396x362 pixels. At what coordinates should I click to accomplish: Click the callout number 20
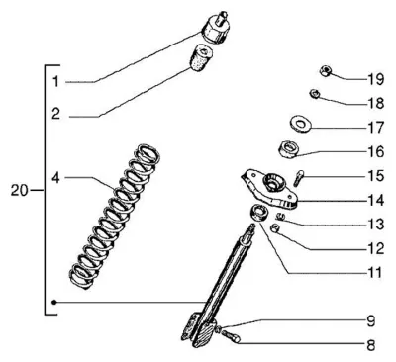[19, 190]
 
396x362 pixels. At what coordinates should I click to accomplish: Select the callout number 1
[56, 81]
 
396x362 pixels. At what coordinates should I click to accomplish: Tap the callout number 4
[56, 178]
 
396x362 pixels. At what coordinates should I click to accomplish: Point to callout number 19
[376, 79]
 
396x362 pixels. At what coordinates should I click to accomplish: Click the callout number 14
[376, 200]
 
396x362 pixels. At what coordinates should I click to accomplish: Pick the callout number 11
[375, 273]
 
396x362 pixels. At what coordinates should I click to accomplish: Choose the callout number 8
[371, 345]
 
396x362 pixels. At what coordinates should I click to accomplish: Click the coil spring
[116, 216]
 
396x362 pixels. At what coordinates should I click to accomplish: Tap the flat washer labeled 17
[300, 124]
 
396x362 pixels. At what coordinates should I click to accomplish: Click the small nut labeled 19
[326, 71]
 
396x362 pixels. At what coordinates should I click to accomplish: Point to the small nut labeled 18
[314, 94]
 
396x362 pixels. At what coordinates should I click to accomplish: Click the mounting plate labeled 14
[269, 188]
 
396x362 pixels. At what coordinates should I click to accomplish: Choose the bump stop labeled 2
[201, 58]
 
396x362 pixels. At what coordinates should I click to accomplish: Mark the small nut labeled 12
[275, 227]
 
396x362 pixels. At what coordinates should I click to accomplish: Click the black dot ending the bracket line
[54, 302]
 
